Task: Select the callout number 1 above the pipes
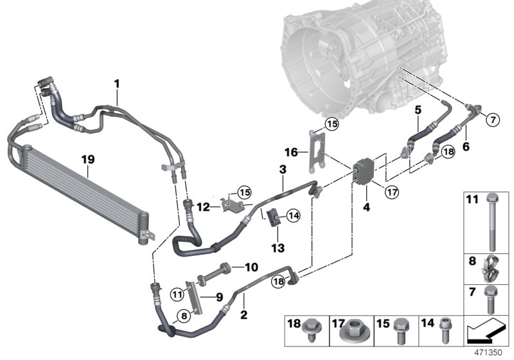tap(117, 83)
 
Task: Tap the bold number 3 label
tap(282, 169)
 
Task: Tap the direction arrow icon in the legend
tap(486, 332)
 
